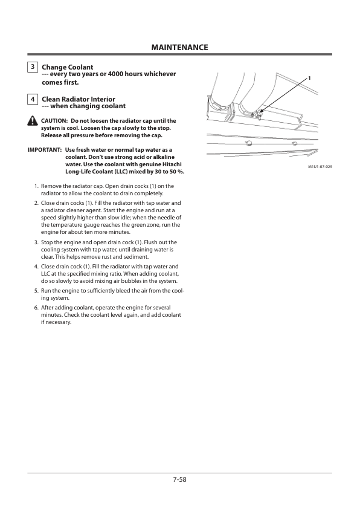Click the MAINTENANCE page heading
[x=179, y=47]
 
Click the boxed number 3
[x=33, y=67]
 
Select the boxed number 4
[x=33, y=99]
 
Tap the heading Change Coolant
[x=68, y=67]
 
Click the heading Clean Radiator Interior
[x=79, y=99]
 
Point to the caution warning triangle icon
[x=33, y=120]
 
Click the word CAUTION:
[x=54, y=121]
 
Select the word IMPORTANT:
[x=45, y=150]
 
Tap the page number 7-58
[x=179, y=479]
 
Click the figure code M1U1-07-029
[x=320, y=167]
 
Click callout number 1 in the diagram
[x=309, y=78]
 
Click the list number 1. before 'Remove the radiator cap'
[x=37, y=186]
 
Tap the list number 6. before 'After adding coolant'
[x=37, y=308]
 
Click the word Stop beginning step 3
[x=47, y=242]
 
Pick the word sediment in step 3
[x=138, y=257]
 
